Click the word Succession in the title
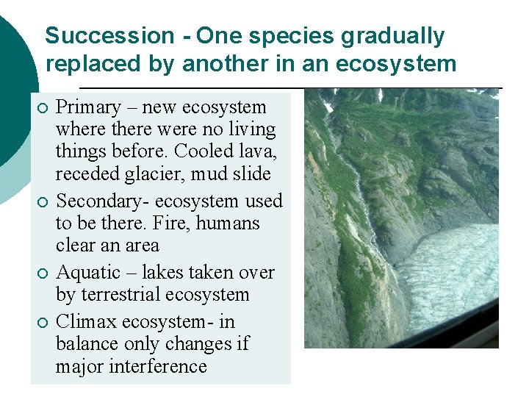click(x=109, y=36)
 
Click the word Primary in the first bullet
click(x=88, y=107)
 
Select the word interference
click(x=160, y=366)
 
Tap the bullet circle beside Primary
click(x=42, y=109)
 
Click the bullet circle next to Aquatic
click(x=42, y=274)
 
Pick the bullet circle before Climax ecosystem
click(x=42, y=323)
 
